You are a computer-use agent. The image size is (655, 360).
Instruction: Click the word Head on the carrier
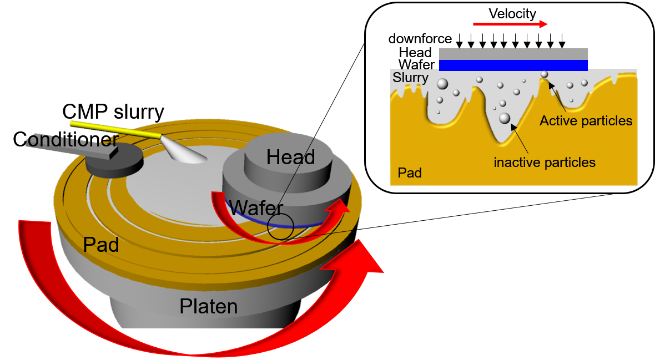pos(290,158)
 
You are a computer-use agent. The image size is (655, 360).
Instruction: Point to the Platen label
pos(208,306)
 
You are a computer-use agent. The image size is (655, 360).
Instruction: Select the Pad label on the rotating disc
pos(101,245)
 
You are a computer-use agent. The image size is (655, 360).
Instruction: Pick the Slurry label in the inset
pos(410,78)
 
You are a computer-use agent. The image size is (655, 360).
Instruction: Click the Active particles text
pos(586,121)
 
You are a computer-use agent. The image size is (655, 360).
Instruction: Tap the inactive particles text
pos(544,163)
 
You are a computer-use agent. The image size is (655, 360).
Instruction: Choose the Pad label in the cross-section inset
pos(410,173)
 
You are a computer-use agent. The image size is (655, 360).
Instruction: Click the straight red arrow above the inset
pos(510,24)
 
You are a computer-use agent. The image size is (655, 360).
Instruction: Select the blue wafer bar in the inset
pos(513,65)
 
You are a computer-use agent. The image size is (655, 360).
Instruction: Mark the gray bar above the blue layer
pos(513,53)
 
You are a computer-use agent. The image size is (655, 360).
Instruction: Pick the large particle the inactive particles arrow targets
pos(505,118)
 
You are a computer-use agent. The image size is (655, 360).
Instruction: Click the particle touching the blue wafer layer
pos(545,74)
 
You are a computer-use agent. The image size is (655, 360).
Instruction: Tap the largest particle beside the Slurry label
pos(442,84)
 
